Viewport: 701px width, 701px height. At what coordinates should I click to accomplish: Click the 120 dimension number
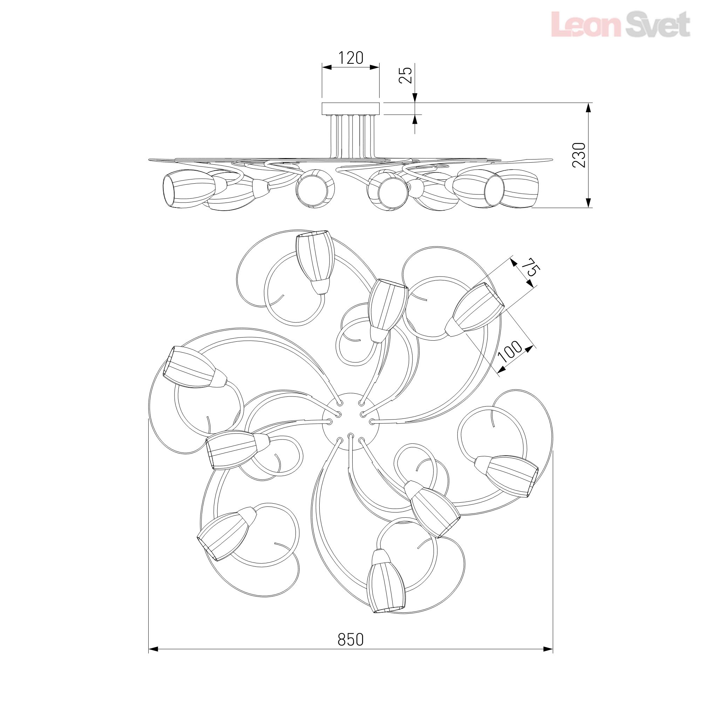350,58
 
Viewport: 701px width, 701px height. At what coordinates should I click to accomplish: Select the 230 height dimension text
579,155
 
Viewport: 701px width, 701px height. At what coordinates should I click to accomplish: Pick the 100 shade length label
512,351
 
